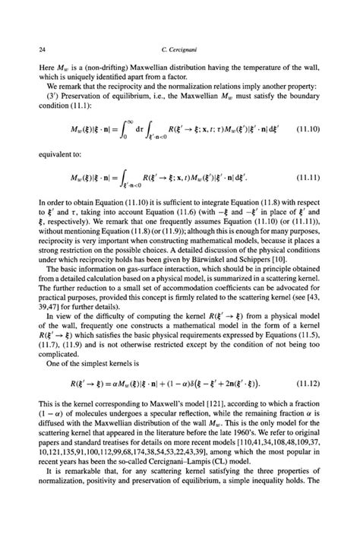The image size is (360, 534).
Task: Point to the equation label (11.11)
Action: coord(310,179)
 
